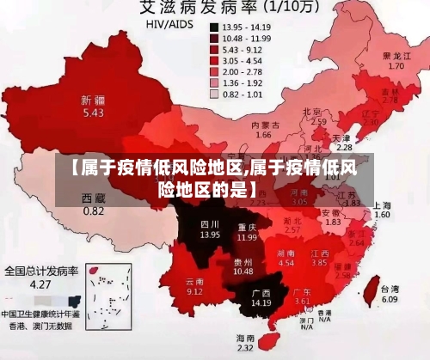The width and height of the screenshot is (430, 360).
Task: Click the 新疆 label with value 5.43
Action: coord(93,106)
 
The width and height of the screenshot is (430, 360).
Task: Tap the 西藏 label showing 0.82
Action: coord(93,204)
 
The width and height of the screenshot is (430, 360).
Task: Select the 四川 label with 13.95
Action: coord(210,228)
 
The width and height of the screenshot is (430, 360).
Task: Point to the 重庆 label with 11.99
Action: coord(247,231)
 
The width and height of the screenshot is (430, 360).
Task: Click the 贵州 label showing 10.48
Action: coord(243,266)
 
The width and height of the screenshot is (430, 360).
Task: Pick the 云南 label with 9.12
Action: coord(195,285)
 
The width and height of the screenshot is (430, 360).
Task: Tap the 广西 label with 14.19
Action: coord(261,297)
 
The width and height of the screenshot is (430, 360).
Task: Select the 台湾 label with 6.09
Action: coord(389,294)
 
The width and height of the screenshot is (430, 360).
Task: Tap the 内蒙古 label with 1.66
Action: coord(264,130)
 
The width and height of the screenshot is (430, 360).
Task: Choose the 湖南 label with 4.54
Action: coord(286,258)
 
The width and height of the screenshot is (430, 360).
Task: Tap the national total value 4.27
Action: coord(40,284)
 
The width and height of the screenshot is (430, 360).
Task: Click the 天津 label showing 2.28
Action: coord(343,142)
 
